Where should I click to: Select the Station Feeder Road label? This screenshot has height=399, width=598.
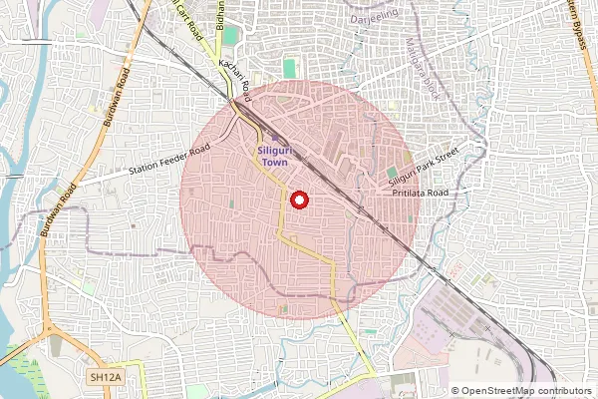click(x=170, y=163)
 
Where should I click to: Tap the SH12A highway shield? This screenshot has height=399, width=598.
click(x=104, y=377)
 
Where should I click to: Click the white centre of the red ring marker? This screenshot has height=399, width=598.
click(x=297, y=200)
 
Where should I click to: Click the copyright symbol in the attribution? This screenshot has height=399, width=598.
click(x=455, y=391)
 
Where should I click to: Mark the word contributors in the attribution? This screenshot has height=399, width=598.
click(x=564, y=391)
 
